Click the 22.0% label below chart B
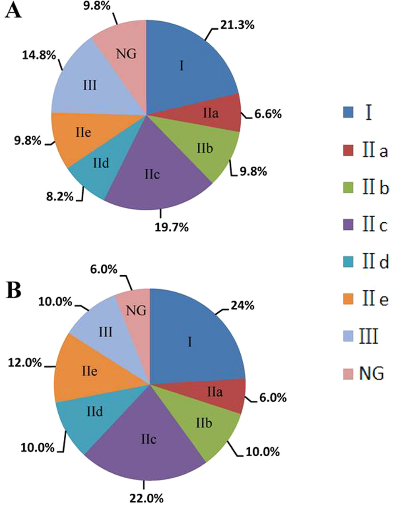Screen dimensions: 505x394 (x=143, y=497)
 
